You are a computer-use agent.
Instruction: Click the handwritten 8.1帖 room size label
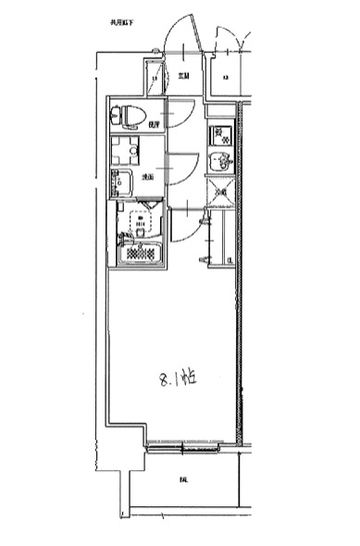point(177,378)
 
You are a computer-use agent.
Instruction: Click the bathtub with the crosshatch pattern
point(142,249)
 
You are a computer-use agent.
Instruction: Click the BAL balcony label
point(184,479)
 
